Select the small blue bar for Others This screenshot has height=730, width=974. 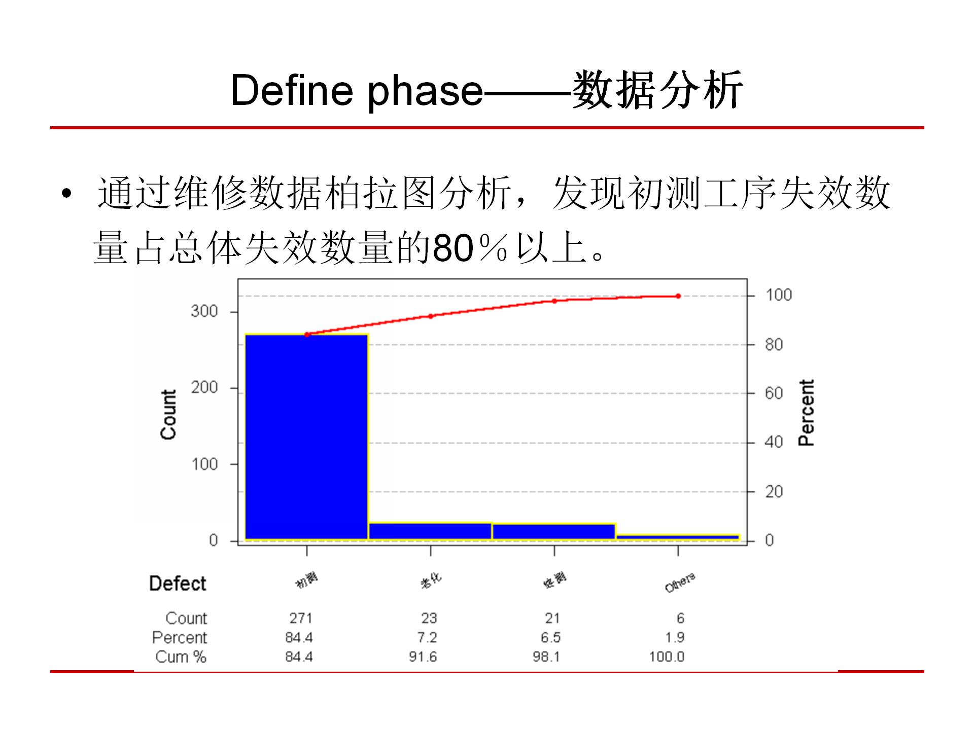coord(678,537)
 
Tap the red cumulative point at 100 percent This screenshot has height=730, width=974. coord(678,296)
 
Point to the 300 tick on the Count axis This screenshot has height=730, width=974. coord(204,311)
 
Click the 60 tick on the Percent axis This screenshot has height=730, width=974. coord(774,393)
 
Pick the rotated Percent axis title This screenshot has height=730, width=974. coord(806,413)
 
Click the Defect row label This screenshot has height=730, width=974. coord(178,583)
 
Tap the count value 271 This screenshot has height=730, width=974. coord(301,618)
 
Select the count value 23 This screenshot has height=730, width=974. coord(429,618)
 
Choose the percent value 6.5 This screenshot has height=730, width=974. coord(550,637)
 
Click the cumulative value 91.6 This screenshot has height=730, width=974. coord(423,657)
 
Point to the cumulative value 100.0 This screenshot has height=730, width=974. coord(667,657)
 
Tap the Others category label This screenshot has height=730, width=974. coord(680,583)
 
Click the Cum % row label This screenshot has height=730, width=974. coord(181,657)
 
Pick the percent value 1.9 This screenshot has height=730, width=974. coord(675,637)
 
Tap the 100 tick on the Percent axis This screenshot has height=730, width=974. coord(779,295)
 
